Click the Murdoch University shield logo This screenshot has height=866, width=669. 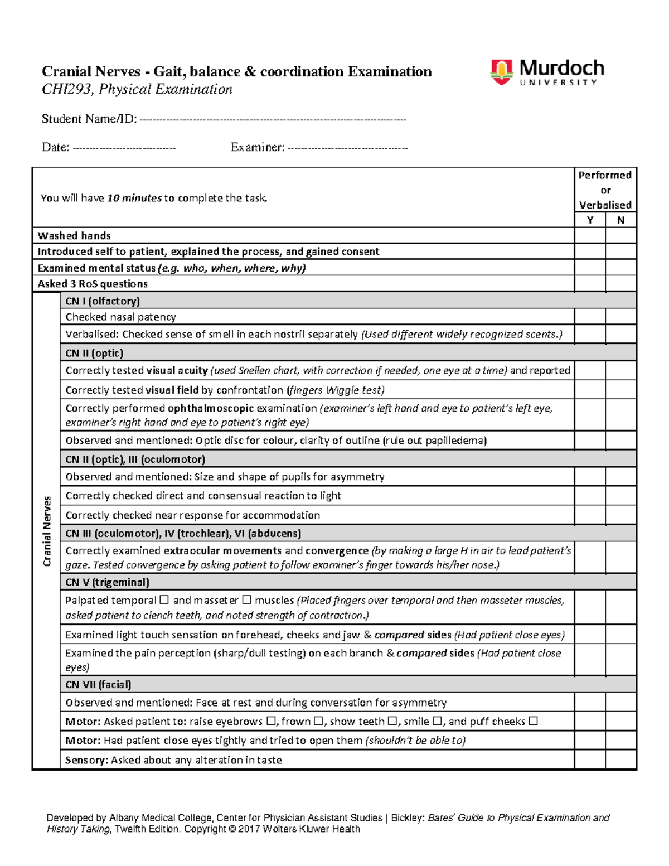pos(501,72)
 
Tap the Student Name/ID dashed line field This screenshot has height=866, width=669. pos(273,119)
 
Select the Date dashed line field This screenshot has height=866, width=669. pos(124,148)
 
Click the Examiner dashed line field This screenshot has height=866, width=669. pos(347,148)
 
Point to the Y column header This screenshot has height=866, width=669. pos(590,220)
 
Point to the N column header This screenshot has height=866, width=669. pos(620,220)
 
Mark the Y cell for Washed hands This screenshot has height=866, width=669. pos(590,235)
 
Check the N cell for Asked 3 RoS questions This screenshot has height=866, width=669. pos(620,283)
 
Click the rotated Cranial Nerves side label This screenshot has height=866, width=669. pos(47,531)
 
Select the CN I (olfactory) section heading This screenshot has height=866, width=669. pos(103,301)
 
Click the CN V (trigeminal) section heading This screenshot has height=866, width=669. pos(107,582)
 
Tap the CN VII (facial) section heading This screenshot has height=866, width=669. pos(98,684)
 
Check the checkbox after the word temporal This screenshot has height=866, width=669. pos(164,600)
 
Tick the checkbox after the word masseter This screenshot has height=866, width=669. pos(246,600)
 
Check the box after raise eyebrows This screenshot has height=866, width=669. pos(271,721)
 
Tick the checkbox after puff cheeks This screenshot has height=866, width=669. pos(533,721)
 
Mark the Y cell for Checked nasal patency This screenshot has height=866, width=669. pos(590,317)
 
